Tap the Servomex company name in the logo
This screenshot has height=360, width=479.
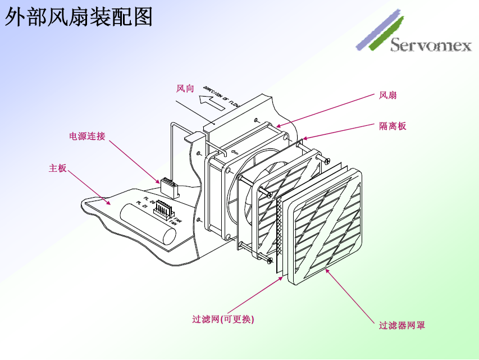(431, 45)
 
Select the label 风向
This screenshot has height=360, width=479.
(185, 88)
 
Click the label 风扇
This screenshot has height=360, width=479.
(388, 95)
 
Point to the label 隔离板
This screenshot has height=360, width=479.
(393, 126)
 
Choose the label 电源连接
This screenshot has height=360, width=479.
(87, 136)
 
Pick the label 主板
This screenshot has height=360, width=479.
(58, 168)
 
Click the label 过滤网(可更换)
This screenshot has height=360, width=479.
(223, 319)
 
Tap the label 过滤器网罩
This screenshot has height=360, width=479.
(402, 325)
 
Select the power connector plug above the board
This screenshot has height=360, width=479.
(168, 185)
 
